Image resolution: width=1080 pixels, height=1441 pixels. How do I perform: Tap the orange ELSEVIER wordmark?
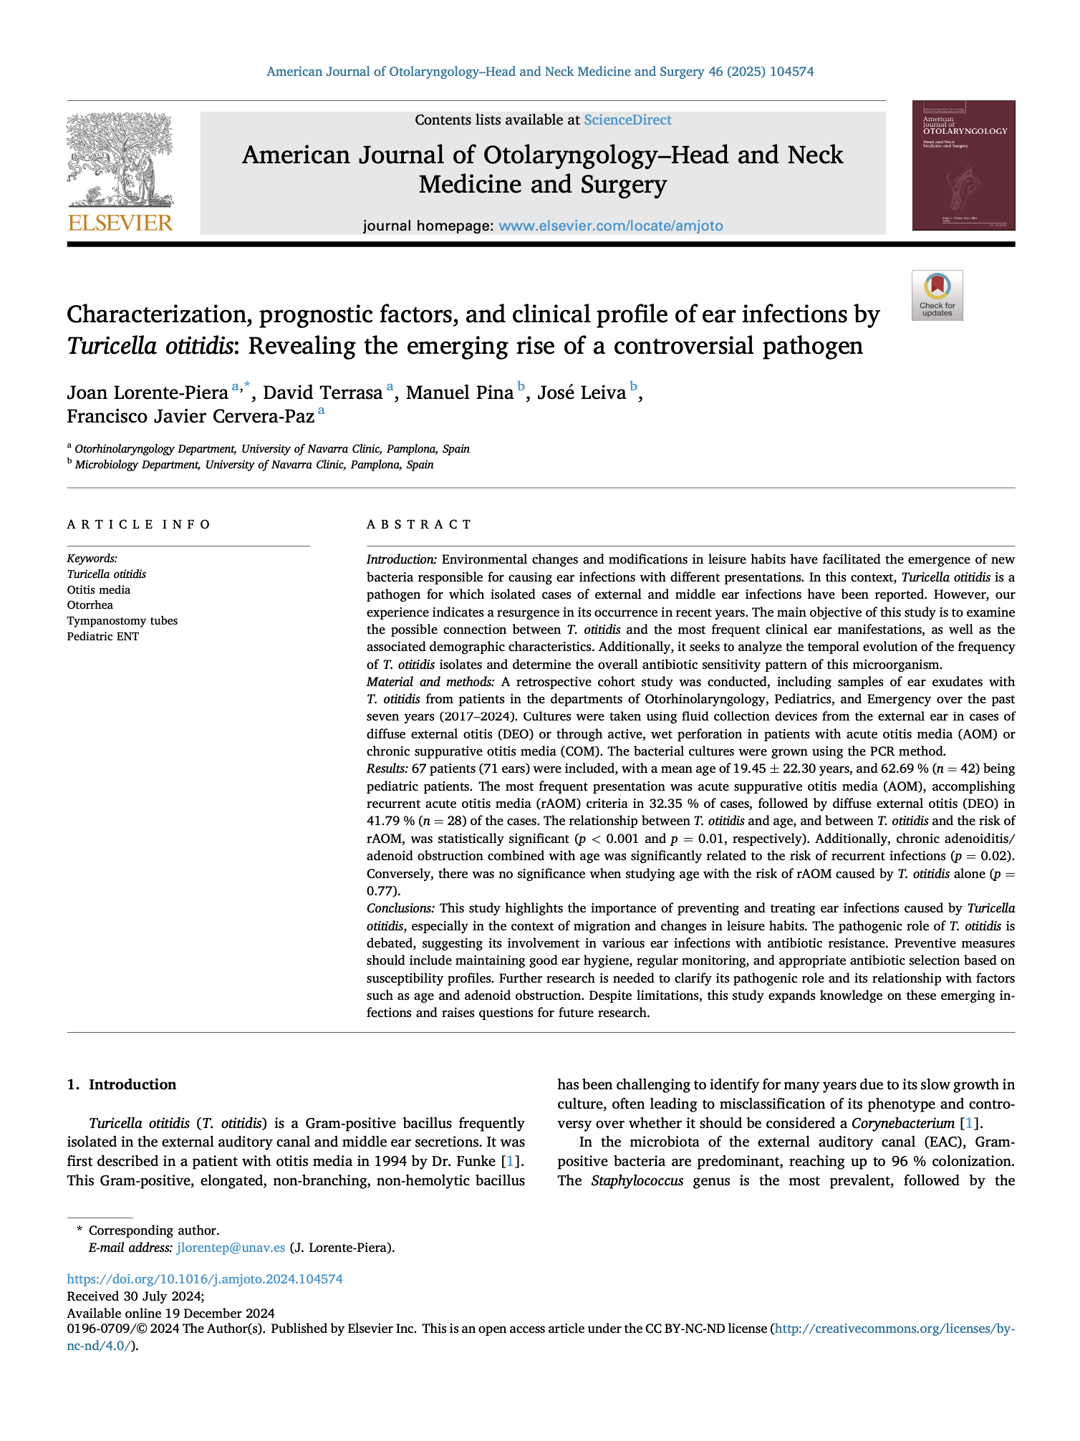120,223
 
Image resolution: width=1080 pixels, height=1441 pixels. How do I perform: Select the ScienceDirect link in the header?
627,120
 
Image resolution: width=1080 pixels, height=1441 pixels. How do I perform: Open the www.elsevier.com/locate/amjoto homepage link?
610,226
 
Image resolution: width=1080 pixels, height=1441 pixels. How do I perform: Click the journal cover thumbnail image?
963,165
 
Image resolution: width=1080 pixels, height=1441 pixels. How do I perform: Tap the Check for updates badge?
937,295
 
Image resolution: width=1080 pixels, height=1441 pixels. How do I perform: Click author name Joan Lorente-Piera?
147,393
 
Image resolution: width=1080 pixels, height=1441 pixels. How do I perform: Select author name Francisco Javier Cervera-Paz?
191,417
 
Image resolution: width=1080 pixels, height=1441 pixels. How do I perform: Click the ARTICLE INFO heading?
139,525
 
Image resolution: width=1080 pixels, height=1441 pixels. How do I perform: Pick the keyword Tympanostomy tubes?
122,621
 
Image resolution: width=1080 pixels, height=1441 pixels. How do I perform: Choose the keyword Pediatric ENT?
103,637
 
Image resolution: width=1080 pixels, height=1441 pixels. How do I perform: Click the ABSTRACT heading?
419,525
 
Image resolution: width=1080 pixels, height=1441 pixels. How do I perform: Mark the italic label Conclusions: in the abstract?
400,908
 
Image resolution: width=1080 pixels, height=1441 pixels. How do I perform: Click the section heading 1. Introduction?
122,1085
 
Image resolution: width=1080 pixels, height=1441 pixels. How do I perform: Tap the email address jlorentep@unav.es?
231,1248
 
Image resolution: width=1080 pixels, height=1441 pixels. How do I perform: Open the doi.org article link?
205,1279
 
